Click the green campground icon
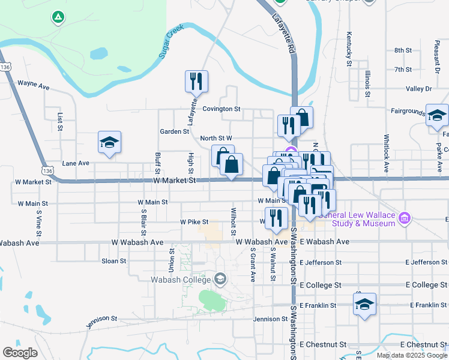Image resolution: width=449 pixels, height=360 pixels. [x=58, y=17]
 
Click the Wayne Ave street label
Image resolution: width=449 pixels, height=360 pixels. [x=33, y=85]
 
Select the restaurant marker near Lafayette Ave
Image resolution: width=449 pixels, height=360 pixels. [x=196, y=81]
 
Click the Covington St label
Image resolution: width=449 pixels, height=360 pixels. [x=221, y=109]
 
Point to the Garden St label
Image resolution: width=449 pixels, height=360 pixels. [x=174, y=131]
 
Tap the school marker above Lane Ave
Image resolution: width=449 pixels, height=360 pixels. [x=109, y=143]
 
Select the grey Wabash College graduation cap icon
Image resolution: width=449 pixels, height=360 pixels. [x=220, y=279]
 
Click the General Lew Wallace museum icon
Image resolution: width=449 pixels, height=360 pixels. [x=405, y=217]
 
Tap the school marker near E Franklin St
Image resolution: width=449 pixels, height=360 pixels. [x=364, y=304]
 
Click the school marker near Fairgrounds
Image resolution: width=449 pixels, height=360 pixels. [x=437, y=115]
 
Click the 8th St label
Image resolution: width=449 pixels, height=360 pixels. [x=402, y=50]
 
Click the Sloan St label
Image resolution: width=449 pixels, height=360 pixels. [x=113, y=261]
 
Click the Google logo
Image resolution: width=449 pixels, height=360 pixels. [x=20, y=353]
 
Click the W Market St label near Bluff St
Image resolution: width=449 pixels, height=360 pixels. [x=175, y=180]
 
